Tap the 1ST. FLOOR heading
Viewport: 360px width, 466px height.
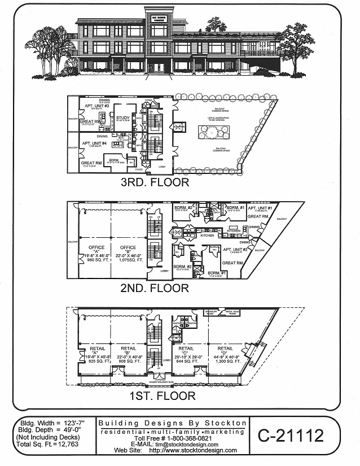point(157,395)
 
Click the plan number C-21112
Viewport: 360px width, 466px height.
point(291,435)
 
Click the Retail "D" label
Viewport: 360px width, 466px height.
point(225,349)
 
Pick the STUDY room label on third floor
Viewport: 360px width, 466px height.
point(124,118)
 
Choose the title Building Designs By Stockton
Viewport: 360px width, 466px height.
point(173,423)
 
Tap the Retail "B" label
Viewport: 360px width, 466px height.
point(129,349)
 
